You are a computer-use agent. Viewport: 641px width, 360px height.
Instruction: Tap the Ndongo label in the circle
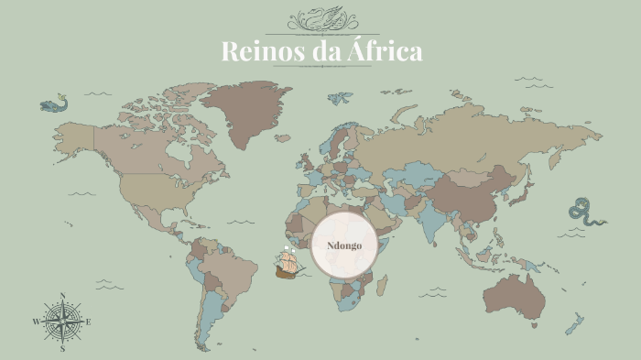[x=344, y=246]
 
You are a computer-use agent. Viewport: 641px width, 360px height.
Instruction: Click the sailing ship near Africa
[x=288, y=264]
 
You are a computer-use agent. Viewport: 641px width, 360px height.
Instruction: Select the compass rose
[x=62, y=322]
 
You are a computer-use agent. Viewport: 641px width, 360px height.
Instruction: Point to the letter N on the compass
[x=62, y=295]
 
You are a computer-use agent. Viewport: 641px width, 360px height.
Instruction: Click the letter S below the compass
[x=62, y=349]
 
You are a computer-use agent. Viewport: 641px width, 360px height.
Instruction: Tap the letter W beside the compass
[x=36, y=322]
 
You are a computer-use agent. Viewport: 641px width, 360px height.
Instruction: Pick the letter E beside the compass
[x=88, y=322]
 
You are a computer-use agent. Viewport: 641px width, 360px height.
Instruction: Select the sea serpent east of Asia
[x=584, y=212]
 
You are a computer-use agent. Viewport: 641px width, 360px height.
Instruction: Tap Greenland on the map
[x=243, y=110]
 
